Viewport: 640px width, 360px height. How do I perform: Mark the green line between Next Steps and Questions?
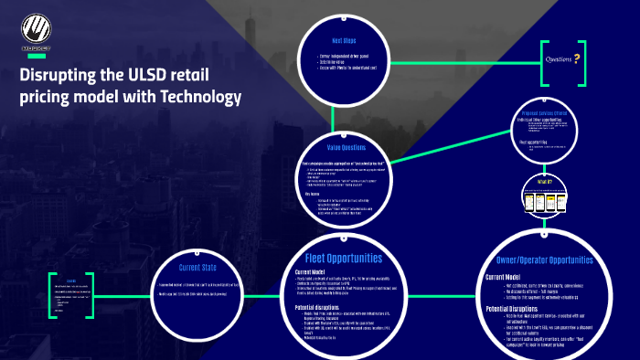(x=457, y=53)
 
